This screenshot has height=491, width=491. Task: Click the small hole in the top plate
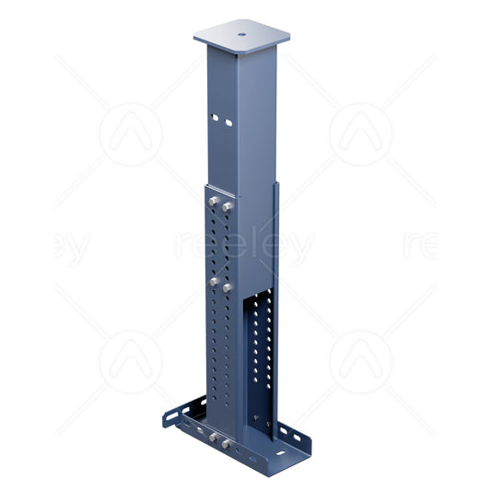[241, 36]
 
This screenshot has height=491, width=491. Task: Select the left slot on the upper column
[216, 119]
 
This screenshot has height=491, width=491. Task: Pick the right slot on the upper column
[227, 121]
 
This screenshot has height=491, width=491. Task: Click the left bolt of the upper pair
[214, 200]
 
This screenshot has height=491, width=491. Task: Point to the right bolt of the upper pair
[227, 206]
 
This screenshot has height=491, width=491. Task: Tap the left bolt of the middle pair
[214, 281]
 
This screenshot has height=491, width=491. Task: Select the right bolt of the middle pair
[227, 287]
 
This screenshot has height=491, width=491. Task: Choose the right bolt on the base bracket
[227, 445]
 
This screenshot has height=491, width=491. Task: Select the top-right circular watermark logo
[360, 134]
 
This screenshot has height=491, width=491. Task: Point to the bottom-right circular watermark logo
[360, 362]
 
